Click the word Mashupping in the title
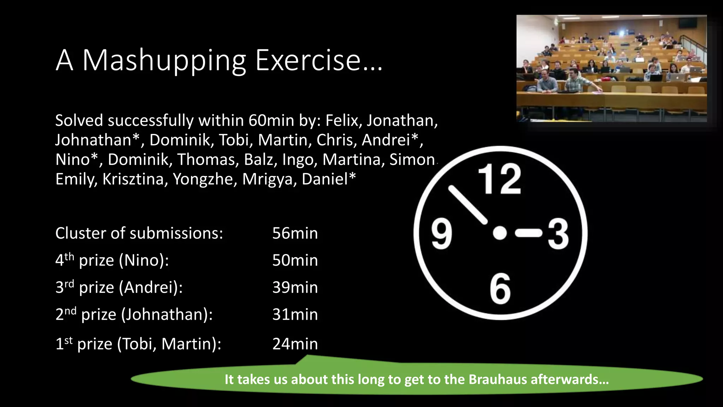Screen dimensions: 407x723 [x=164, y=61]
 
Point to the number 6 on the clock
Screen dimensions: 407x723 [x=500, y=289]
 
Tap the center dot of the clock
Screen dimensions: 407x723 [x=500, y=233]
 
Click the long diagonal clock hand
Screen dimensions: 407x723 [x=467, y=205]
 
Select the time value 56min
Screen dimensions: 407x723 [x=295, y=234]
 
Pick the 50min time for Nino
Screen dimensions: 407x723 [x=295, y=260]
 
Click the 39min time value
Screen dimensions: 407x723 [x=295, y=287]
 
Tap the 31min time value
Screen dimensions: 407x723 [x=295, y=314]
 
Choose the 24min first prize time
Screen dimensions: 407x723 [x=295, y=344]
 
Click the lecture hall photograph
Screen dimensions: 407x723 [x=611, y=69]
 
